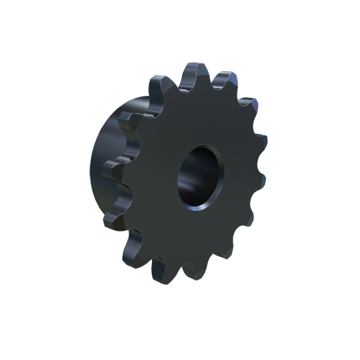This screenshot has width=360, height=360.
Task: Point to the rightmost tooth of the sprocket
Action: point(260,173)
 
